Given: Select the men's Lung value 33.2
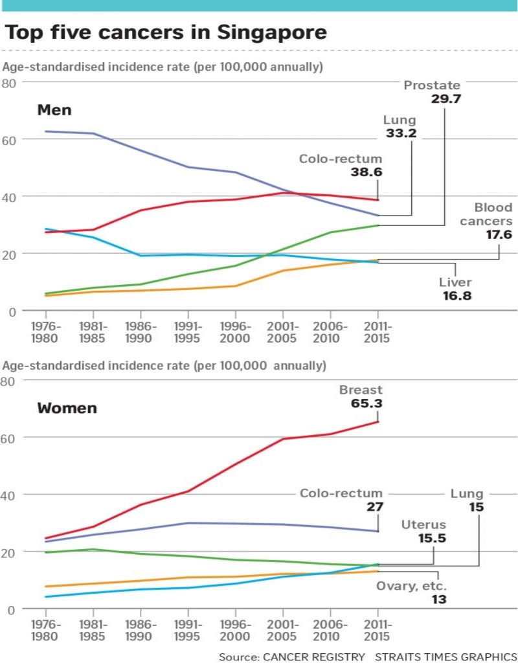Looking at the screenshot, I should pos(402,134).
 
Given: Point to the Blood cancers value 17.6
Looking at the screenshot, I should pos(499,235).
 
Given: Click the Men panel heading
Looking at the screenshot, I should pos(54,110).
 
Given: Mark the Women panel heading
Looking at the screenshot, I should pos(67,409).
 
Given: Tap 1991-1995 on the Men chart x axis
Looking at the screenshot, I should pos(188,332).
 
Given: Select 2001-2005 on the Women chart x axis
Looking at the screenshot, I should pos(283,630).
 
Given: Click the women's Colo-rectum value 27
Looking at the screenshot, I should pos(375,508).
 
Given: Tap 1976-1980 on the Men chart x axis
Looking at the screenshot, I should pos(45,332).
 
